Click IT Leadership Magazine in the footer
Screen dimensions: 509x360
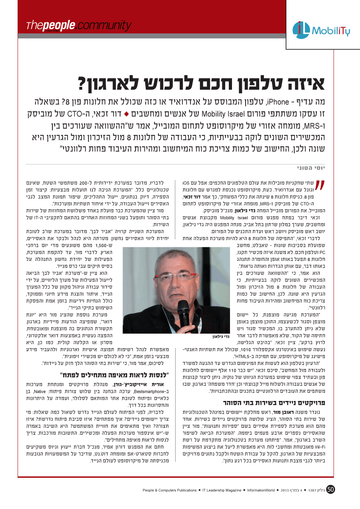(x=222, y=490)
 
